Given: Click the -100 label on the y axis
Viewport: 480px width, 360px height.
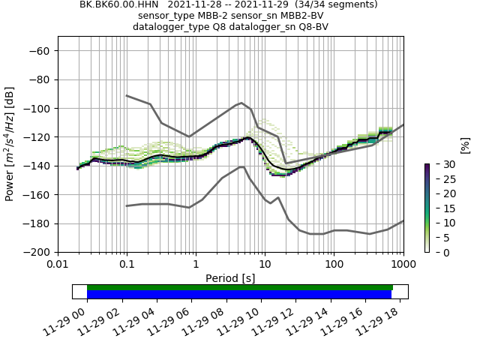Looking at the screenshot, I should [x=39, y=109].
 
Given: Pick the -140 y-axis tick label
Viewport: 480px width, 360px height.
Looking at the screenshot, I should [x=39, y=166].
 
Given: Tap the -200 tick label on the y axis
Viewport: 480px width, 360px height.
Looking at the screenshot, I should [x=39, y=253].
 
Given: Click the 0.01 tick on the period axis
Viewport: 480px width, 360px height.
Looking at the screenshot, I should [x=58, y=265].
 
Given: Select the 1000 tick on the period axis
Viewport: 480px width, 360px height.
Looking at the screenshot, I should [x=403, y=265].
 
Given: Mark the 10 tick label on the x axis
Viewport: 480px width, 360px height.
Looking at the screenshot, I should [x=265, y=265].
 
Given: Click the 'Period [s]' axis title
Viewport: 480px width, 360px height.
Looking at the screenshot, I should [x=230, y=278].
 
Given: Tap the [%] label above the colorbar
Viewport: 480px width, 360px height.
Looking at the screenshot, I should [x=465, y=145].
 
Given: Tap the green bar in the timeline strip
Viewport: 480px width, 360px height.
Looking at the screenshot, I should [x=240, y=287].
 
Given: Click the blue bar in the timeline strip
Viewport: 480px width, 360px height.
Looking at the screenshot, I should [x=239, y=295].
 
